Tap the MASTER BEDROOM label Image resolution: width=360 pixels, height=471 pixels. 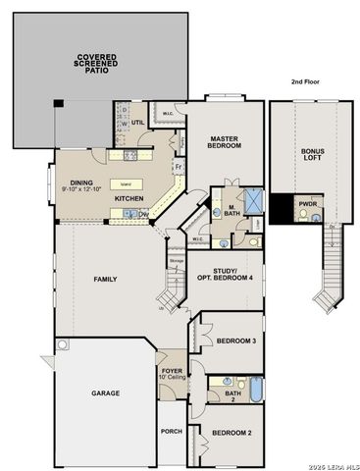(x=225, y=144)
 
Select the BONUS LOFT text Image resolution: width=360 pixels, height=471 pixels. (x=312, y=156)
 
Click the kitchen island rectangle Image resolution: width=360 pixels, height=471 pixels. (x=126, y=183)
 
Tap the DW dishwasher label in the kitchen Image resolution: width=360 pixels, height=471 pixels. (x=143, y=215)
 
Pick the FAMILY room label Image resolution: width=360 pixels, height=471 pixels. (x=105, y=279)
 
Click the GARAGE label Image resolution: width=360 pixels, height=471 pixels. (x=106, y=392)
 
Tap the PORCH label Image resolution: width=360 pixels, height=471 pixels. (x=171, y=430)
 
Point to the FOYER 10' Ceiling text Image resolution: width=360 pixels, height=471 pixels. (x=172, y=374)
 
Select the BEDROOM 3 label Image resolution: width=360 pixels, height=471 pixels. (x=235, y=340)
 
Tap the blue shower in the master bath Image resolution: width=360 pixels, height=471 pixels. (x=253, y=194)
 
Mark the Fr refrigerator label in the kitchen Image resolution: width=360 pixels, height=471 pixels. (x=178, y=168)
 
